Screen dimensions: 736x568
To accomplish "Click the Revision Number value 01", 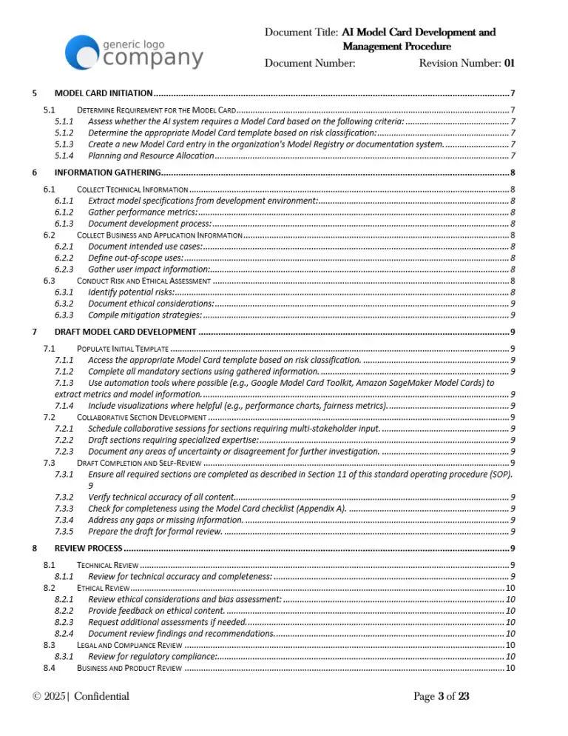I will (509, 63).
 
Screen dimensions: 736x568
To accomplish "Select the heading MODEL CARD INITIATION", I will (104, 93).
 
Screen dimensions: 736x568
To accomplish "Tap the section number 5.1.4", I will (64, 155).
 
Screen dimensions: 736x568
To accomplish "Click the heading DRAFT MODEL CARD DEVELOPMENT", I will (126, 331).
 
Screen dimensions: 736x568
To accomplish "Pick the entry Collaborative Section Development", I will (141, 417).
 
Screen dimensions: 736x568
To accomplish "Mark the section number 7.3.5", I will (64, 531).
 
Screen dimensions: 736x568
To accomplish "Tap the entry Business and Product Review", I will (129, 669).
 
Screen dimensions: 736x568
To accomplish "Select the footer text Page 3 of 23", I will (442, 696).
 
